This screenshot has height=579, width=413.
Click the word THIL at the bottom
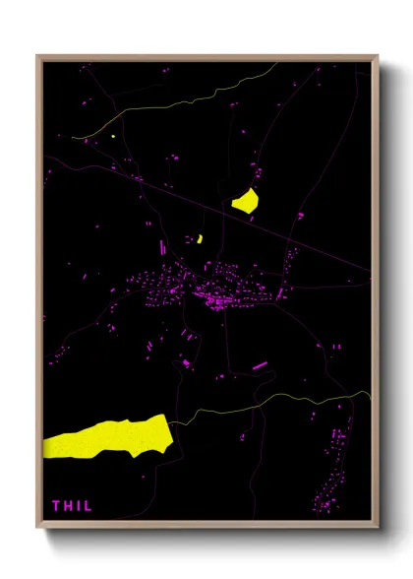(x=71, y=506)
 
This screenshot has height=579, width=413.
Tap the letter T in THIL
(x=57, y=506)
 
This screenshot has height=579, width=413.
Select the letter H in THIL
(x=68, y=506)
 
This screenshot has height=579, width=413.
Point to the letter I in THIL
(x=78, y=506)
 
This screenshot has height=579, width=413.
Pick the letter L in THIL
(x=87, y=506)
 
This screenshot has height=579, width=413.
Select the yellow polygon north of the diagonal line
(x=245, y=201)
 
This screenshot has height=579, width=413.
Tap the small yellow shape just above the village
(x=200, y=238)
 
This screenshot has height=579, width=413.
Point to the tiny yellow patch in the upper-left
(x=114, y=136)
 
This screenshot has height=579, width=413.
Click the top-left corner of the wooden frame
(x=37, y=55)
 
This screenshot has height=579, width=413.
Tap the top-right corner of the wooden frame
(x=378, y=55)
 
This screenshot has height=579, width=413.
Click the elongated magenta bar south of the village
(x=260, y=366)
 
